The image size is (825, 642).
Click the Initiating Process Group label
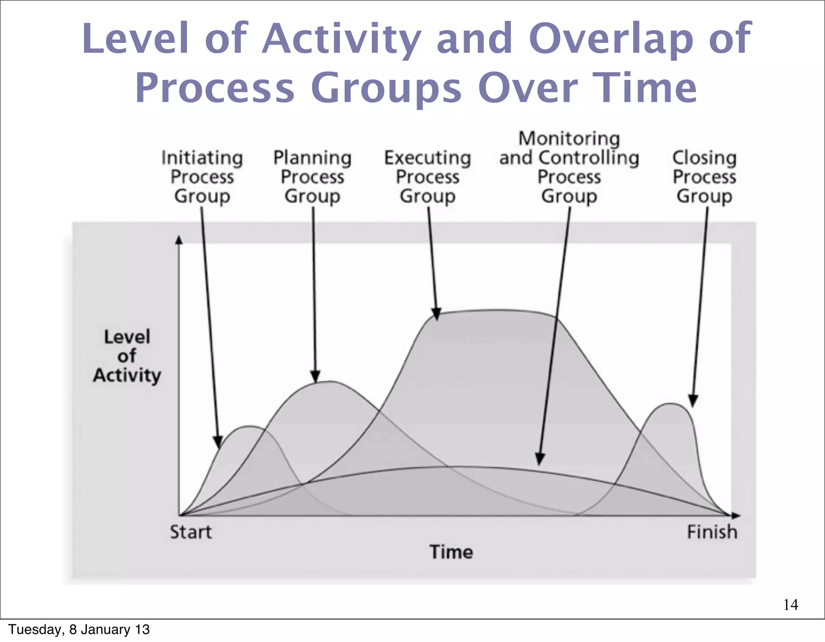[x=202, y=177]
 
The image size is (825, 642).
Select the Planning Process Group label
[x=313, y=177]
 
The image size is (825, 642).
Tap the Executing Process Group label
[x=427, y=177]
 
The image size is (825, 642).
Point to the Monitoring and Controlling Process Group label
[x=569, y=167]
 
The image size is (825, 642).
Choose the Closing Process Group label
[x=705, y=177]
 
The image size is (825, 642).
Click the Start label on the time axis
[x=191, y=532]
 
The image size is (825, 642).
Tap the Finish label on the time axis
[x=712, y=532]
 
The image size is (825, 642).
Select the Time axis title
[x=451, y=552]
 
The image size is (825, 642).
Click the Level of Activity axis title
[x=127, y=356]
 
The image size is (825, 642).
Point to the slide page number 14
[x=791, y=605]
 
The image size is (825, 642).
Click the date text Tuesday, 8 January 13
[x=79, y=630]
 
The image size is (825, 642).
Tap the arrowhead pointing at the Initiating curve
[x=218, y=442]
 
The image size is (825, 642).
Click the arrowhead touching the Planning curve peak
[x=315, y=376]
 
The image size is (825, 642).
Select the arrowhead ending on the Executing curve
[x=436, y=314]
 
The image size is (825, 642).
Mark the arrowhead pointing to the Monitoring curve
[x=540, y=459]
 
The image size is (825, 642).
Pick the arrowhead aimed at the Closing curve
[x=693, y=401]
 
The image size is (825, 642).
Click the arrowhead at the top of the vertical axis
[x=179, y=240]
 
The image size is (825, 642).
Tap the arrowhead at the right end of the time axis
[x=736, y=515]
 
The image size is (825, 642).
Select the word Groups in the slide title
[x=386, y=88]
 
